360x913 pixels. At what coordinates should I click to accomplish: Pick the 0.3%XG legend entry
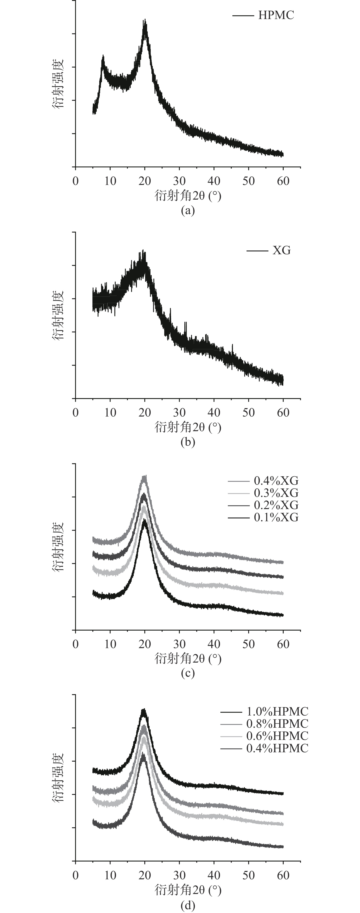pyautogui.click(x=276, y=493)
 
